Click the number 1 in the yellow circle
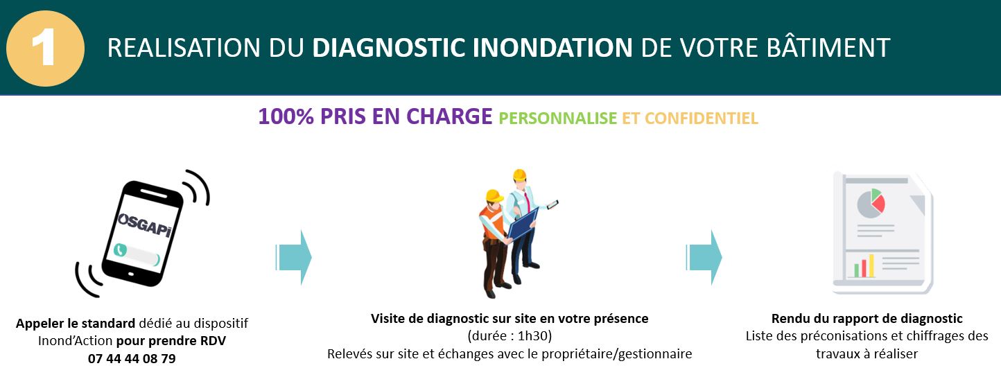pos(44,47)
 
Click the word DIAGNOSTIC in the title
pos(389,48)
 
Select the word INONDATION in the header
pos(552,48)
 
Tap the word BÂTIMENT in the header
pos(828,47)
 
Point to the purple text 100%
pos(286,116)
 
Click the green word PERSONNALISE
pos(558,119)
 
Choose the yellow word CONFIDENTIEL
pos(701,119)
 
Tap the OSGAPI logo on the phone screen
pos(144,225)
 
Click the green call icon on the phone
pos(120,250)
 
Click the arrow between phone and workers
pos(294,257)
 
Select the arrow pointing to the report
pos(704,257)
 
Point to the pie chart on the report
pos(871,203)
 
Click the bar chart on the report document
pos(864,266)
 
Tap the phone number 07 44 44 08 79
pos(132,359)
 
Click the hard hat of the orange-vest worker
pos(494,195)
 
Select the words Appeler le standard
pos(76,324)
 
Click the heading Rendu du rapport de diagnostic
pos(867,319)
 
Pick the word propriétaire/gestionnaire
pos(617,354)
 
